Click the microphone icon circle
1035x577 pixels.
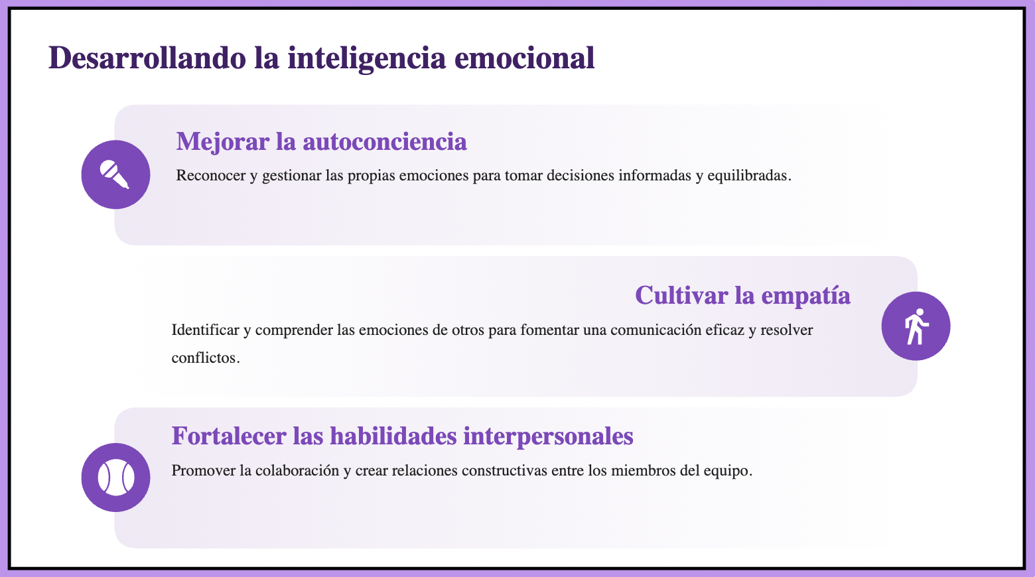[115, 174]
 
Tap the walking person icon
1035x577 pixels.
[916, 326]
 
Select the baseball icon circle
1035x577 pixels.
[115, 478]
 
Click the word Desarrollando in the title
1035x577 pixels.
[147, 58]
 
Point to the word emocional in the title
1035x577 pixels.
[524, 58]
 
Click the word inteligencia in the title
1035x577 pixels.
[366, 59]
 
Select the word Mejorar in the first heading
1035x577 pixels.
[223, 142]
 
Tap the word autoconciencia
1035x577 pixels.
[384, 141]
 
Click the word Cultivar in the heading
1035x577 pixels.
[681, 295]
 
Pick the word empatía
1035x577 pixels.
[805, 296]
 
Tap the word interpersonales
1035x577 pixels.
[548, 436]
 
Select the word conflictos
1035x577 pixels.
[206, 357]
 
